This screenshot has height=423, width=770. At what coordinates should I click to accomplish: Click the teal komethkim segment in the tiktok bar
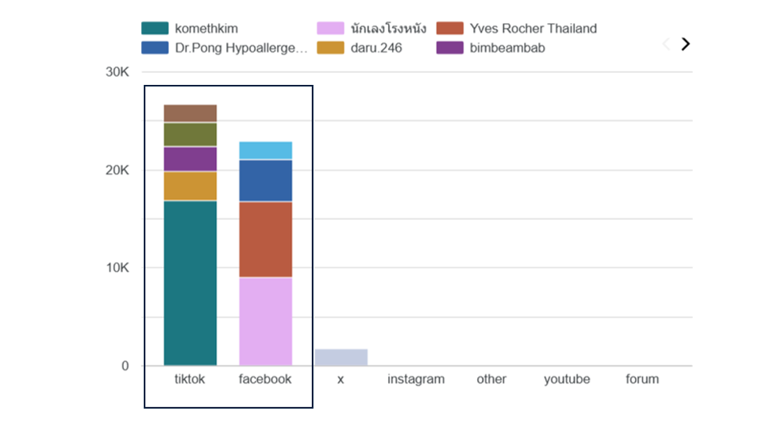coord(190,283)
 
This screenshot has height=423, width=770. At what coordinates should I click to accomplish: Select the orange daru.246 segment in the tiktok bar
coord(190,186)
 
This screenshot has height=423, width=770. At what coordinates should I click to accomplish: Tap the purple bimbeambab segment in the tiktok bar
coord(190,159)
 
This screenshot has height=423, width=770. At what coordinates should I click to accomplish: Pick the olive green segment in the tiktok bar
coord(190,134)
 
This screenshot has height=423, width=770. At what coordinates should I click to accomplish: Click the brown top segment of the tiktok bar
coord(190,113)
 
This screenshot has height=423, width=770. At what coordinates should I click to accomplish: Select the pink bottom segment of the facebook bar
coord(265,321)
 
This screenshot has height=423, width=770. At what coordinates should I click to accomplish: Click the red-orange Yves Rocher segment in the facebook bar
coord(265,239)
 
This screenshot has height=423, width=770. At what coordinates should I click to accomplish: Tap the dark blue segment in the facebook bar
coord(265,180)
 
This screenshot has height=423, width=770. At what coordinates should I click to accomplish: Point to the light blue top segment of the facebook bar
coord(265,150)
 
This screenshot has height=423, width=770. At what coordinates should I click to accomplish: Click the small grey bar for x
coord(341,357)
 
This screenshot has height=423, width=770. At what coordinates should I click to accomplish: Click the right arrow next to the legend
coord(686,44)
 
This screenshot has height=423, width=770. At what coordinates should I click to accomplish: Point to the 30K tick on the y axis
coord(117,72)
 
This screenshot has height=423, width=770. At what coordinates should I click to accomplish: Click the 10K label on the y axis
coord(117,268)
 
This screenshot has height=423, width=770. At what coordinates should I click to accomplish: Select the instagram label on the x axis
coord(416,379)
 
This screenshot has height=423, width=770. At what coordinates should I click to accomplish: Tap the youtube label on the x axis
coord(567,379)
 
